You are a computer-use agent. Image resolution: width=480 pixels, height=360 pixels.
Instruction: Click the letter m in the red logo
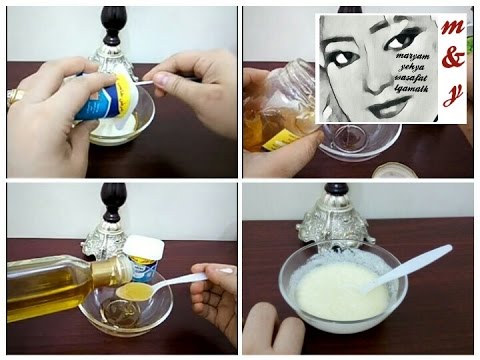click(x=452, y=28)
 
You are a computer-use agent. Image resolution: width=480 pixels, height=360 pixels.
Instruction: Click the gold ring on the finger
click(x=14, y=97)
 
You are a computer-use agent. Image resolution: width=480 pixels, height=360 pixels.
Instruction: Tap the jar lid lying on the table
click(x=392, y=169)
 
